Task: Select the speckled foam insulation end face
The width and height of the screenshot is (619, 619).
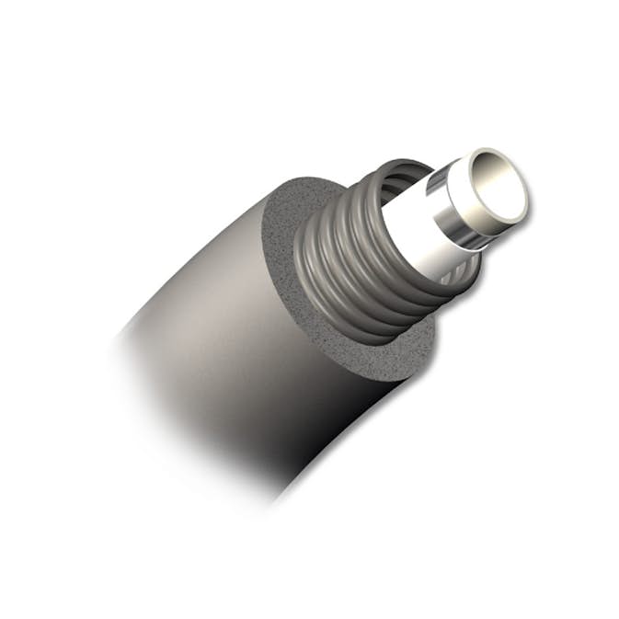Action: [304, 304]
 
